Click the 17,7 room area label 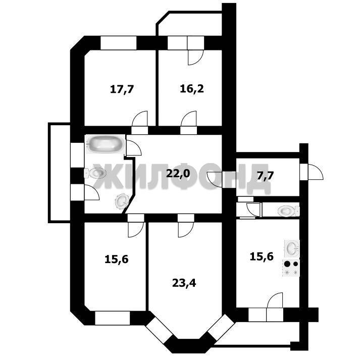(x=122, y=89)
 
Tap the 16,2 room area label (x=192, y=89)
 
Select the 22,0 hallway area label (x=178, y=173)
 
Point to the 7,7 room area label (x=265, y=176)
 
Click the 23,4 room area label (x=184, y=283)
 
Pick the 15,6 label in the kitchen (x=262, y=256)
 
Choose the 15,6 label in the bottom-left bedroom (x=117, y=260)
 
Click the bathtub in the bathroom (x=105, y=144)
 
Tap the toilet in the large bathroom (x=95, y=173)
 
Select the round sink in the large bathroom (x=122, y=201)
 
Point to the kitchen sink (x=292, y=248)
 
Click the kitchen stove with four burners (x=291, y=268)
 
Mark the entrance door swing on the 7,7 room (x=316, y=172)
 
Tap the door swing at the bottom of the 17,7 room (x=140, y=119)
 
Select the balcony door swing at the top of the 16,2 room (x=195, y=58)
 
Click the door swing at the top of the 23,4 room (x=186, y=230)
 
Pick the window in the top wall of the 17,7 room (x=119, y=43)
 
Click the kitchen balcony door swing (x=275, y=300)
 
